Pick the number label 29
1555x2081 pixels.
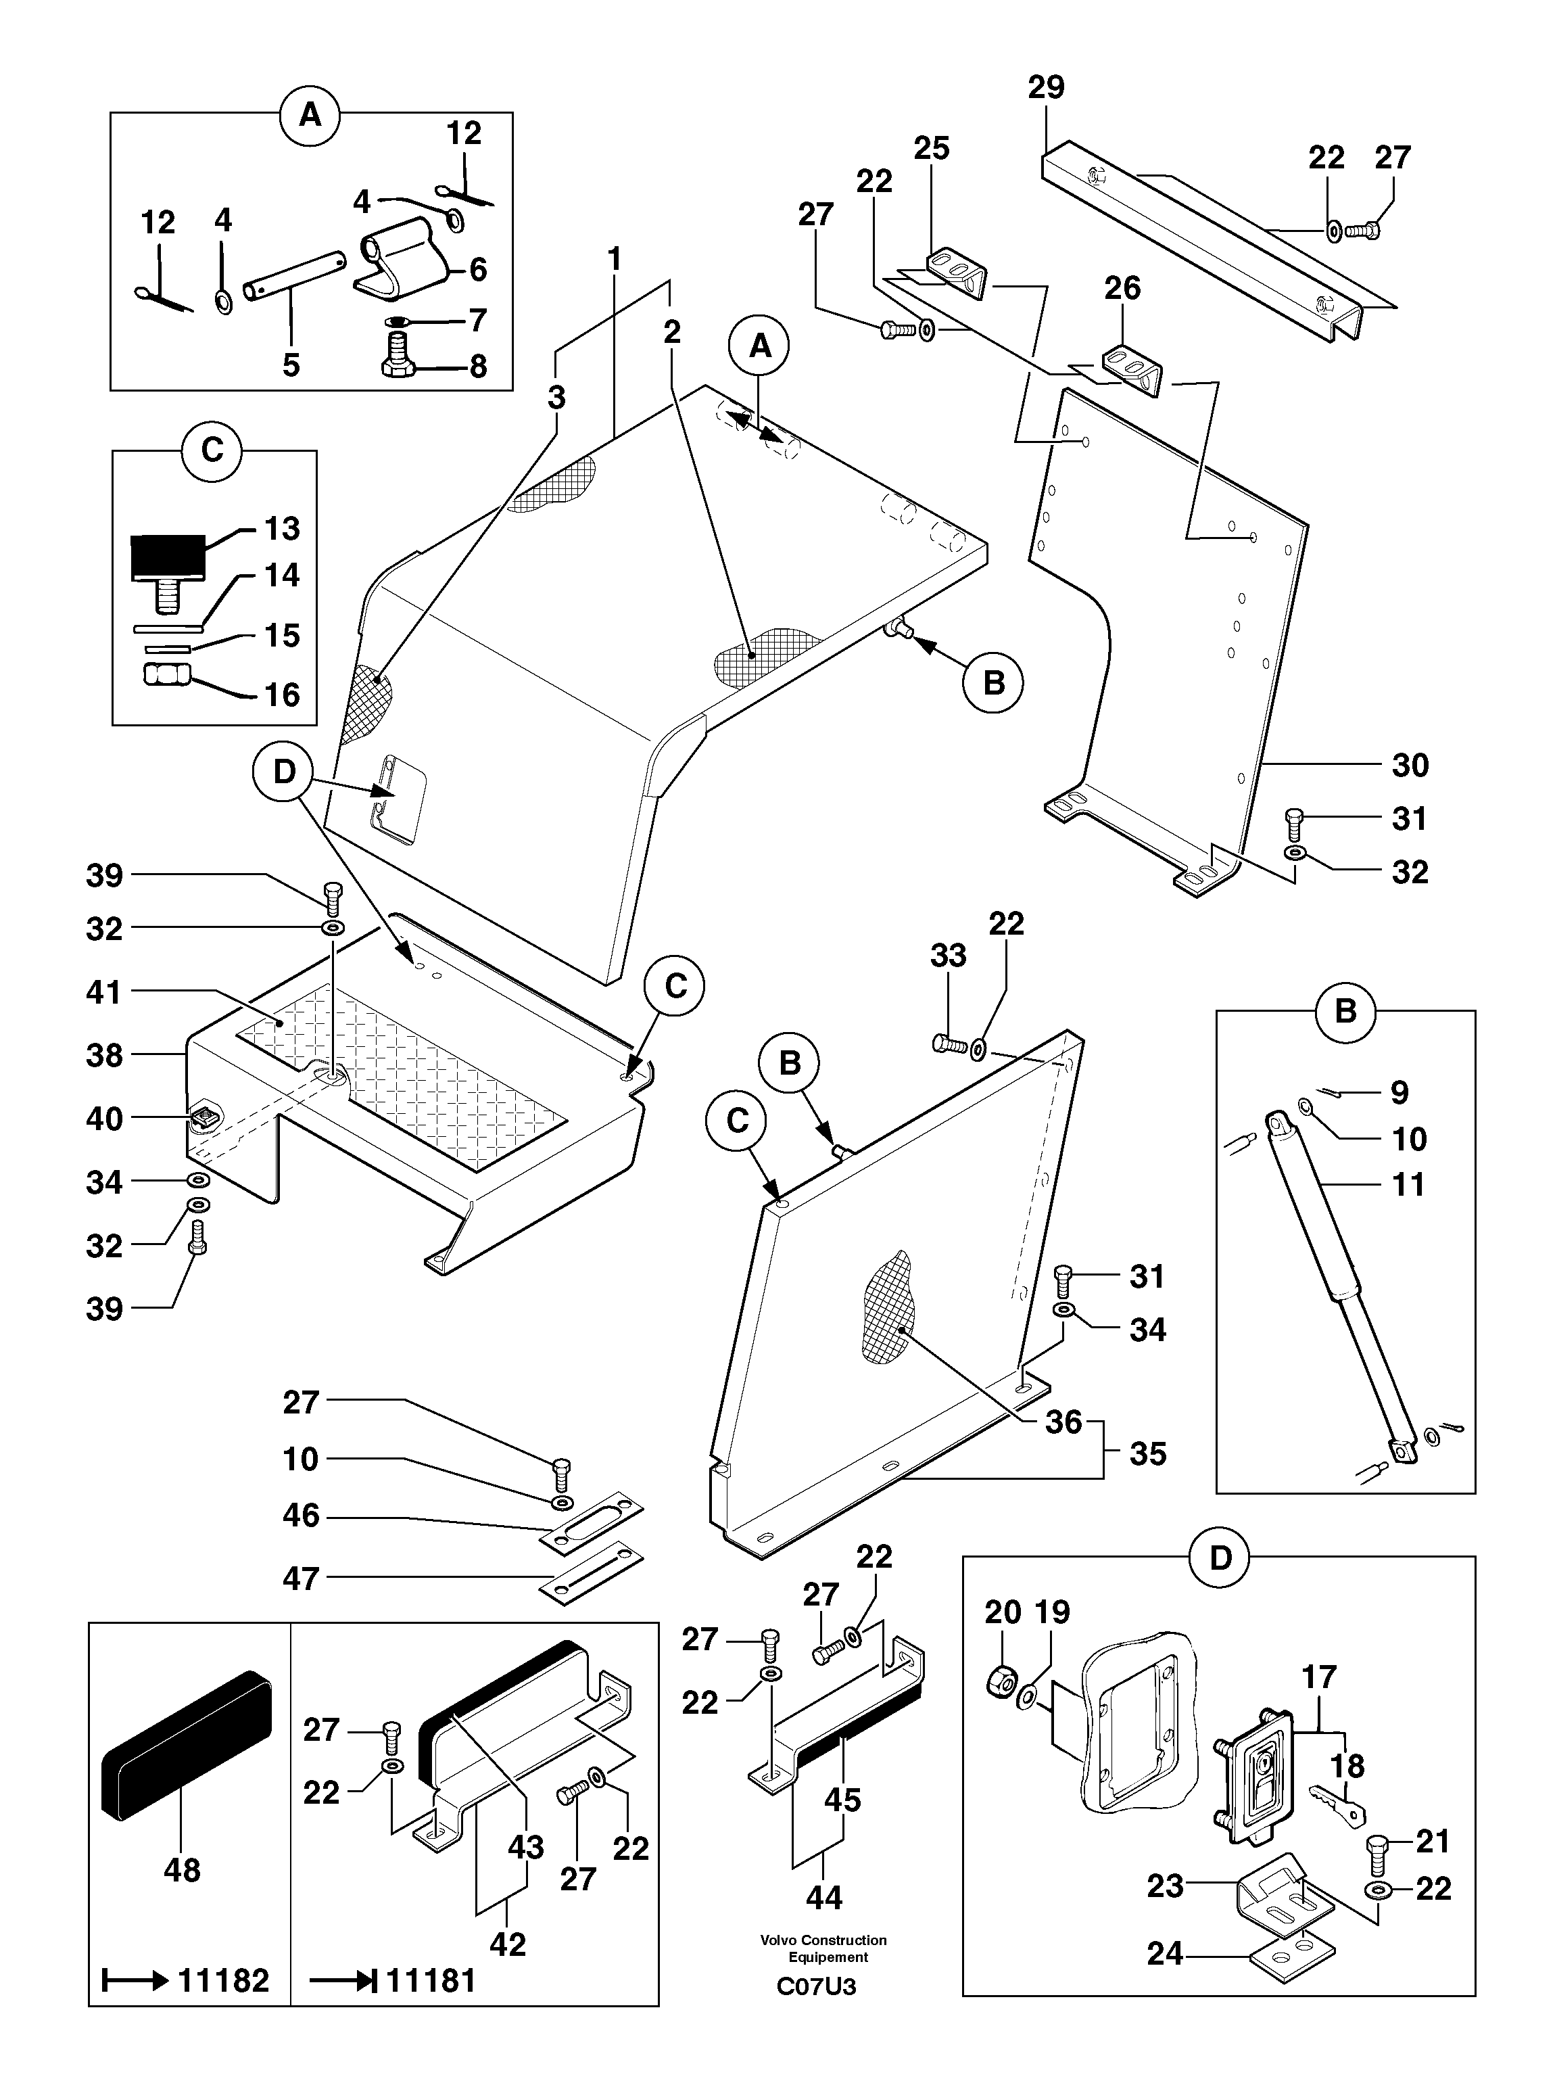click(x=1045, y=87)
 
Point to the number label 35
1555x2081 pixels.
click(x=1148, y=1453)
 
